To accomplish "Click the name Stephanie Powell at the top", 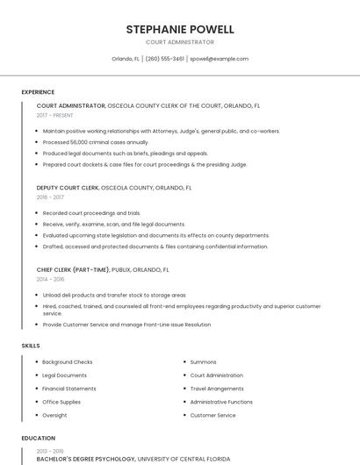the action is pos(180,29).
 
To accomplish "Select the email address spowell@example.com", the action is pos(219,59).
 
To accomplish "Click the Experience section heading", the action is pos(38,92).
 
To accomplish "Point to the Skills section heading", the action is pos(31,346).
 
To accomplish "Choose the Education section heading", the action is pos(38,438).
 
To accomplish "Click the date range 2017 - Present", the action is pos(54,115).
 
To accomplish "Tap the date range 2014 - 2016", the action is pos(50,279).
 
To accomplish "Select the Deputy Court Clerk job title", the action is pos(68,188).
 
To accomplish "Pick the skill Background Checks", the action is pos(67,362).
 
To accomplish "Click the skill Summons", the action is pos(203,362).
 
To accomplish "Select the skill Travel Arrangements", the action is pos(217,389).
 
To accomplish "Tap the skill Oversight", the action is pos(54,415).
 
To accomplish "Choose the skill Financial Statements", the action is pos(69,389).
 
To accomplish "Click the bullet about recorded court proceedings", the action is pos(91,213).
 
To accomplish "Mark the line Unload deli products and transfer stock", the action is pos(113,296).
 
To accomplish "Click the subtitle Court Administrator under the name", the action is pos(180,42).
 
